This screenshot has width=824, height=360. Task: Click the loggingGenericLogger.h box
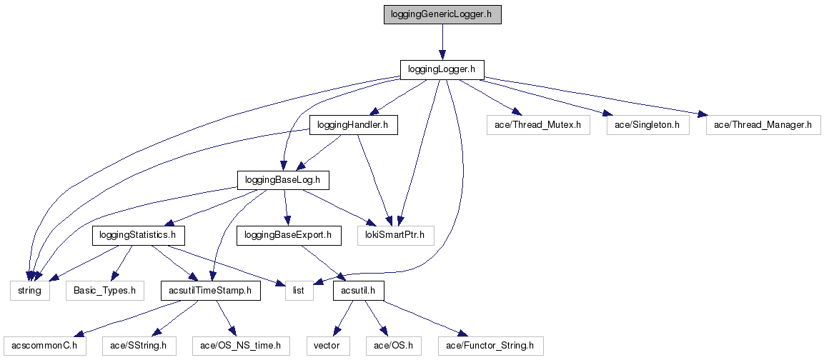[442, 14]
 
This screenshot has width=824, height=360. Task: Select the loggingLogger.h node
[442, 69]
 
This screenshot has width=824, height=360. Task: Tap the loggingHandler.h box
[353, 125]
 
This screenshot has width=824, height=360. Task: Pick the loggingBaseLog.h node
[283, 179]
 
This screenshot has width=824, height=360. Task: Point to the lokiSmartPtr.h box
[395, 234]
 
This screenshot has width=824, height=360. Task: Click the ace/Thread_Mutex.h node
[537, 125]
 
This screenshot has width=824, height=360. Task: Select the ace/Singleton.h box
[647, 125]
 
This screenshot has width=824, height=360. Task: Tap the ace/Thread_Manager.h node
[763, 125]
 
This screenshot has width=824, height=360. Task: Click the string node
[29, 291]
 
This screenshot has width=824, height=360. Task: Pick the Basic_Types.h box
[105, 291]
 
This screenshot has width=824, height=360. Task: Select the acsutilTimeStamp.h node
[210, 291]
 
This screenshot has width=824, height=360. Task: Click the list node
[299, 291]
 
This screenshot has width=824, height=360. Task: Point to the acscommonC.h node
[44, 346]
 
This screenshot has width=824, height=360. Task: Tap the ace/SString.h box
[139, 346]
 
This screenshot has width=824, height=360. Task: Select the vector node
[328, 346]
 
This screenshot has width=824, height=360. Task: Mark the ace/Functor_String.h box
[490, 346]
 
